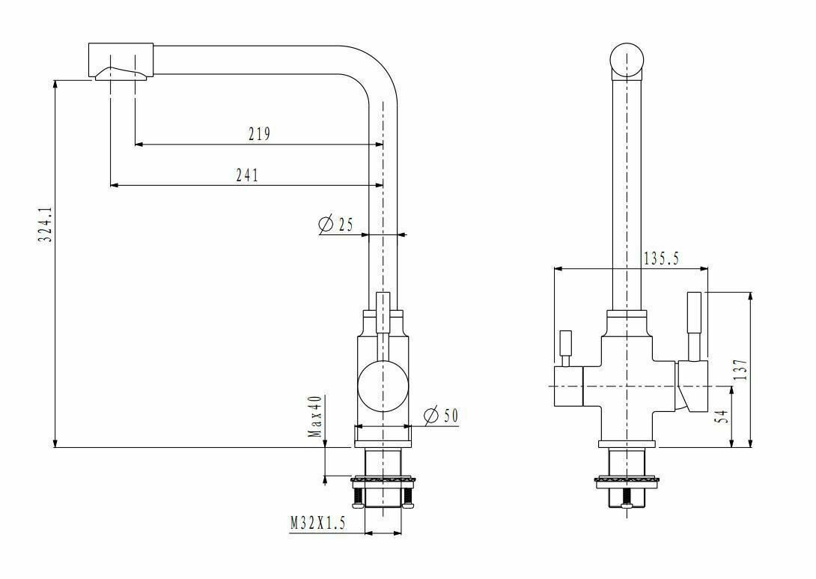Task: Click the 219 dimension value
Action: point(259,134)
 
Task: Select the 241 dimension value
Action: point(246,175)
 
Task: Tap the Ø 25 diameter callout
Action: point(335,224)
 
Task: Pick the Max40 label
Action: point(317,416)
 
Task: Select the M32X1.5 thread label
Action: point(318,524)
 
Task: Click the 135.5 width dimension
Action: point(660,258)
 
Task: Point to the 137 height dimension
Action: point(740,370)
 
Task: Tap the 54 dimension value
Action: point(722,416)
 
